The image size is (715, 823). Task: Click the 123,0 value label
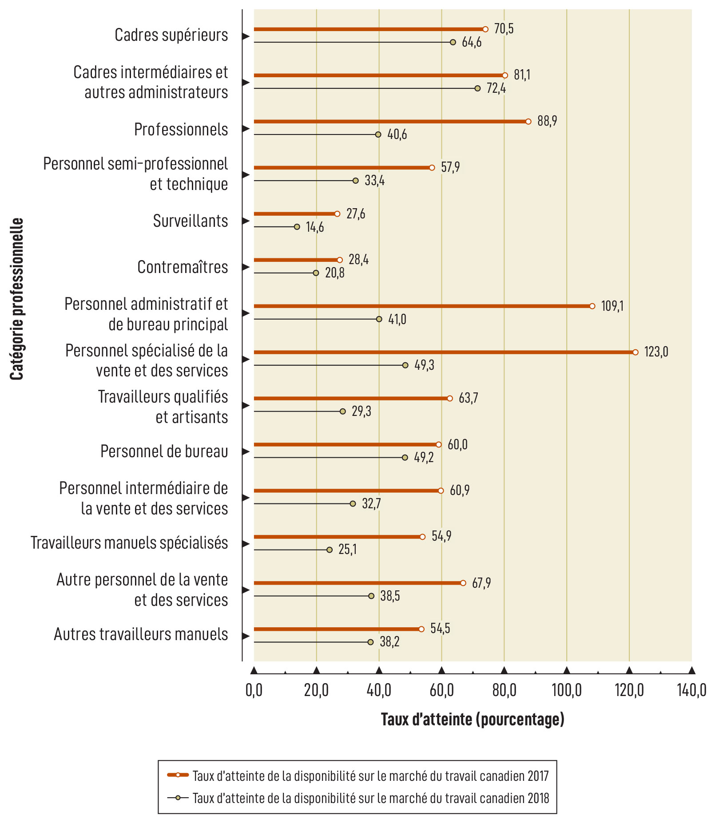pos(656,352)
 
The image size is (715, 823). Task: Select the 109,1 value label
pos(612,306)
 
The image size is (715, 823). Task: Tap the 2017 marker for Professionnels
pos(528,122)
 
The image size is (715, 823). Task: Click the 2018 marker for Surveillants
pos(297,227)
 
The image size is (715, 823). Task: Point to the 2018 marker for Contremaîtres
pos(316,273)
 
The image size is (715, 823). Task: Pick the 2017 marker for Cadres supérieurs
pos(485,29)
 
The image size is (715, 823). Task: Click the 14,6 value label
pos(315,227)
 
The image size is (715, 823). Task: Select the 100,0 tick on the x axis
pos(567,690)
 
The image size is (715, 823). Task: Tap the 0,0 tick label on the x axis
pos(254,690)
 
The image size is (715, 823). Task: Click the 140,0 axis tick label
pos(691,690)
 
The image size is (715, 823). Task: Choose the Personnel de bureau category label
pos(164,451)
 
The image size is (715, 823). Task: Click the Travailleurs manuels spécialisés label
pos(129,543)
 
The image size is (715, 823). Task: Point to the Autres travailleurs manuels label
pos(141,634)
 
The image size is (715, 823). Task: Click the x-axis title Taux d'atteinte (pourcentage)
pos(473,719)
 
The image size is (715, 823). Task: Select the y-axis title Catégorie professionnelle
pos(17,299)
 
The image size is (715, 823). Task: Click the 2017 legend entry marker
pos(178,775)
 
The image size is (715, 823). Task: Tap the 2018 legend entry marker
pos(178,798)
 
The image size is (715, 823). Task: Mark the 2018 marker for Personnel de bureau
pos(405,458)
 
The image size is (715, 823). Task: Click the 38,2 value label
pos(389,642)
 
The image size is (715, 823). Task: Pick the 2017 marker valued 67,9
pos(463,583)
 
